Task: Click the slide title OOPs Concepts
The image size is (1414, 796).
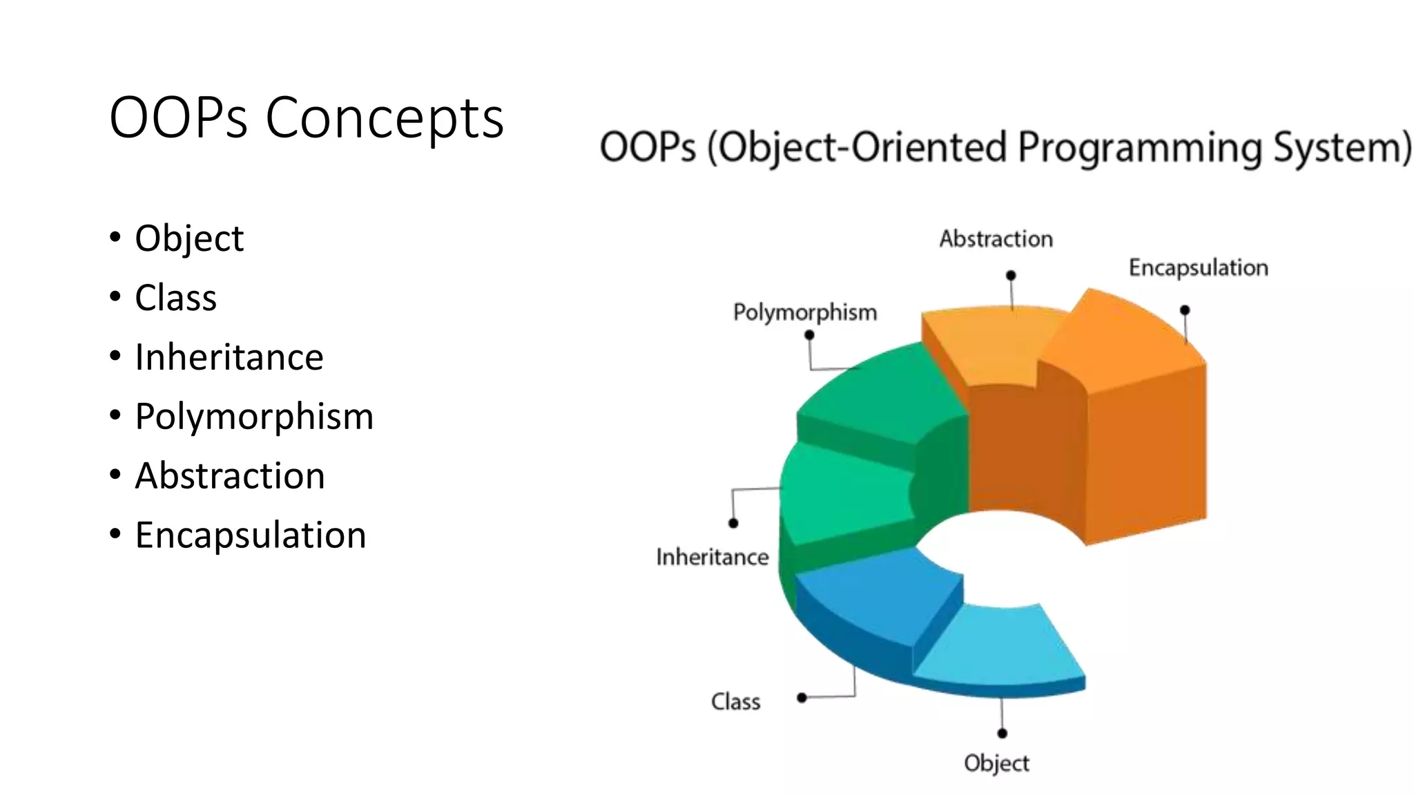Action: click(x=307, y=117)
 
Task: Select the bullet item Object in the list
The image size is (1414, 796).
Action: click(x=189, y=238)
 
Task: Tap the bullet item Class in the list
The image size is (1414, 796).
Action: click(x=176, y=298)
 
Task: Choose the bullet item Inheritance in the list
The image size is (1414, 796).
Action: click(x=229, y=357)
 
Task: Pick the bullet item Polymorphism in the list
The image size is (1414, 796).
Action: click(x=254, y=417)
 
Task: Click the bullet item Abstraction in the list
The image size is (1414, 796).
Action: click(x=230, y=476)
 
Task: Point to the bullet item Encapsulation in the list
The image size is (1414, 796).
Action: click(x=251, y=536)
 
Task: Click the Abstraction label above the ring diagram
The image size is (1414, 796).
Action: click(x=996, y=239)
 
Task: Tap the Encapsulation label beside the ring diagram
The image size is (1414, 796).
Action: click(x=1198, y=267)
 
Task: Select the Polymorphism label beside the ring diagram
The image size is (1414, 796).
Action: click(x=805, y=312)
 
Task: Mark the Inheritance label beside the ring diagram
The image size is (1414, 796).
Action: click(x=712, y=557)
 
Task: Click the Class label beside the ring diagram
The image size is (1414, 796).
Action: click(x=735, y=702)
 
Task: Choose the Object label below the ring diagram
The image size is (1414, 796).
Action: click(x=996, y=764)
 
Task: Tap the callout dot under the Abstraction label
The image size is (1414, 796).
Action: click(x=1011, y=275)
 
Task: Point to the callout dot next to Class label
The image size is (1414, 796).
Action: click(x=802, y=698)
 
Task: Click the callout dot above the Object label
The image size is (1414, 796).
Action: click(x=1003, y=733)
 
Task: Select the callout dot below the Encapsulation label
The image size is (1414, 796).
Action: click(x=1185, y=310)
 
